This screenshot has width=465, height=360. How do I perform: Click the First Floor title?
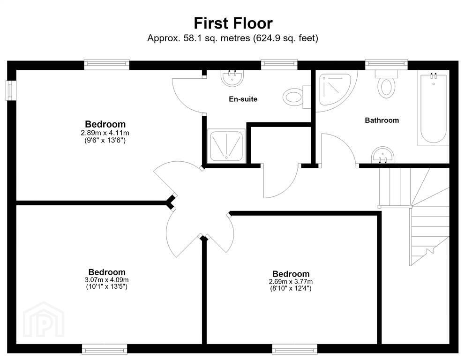pyautogui.click(x=233, y=23)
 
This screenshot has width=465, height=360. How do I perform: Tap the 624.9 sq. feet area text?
pyautogui.click(x=285, y=38)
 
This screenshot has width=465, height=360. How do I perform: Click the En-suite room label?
pyautogui.click(x=243, y=99)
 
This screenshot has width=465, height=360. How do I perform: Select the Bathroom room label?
pyautogui.click(x=382, y=120)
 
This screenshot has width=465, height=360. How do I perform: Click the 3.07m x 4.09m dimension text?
pyautogui.click(x=107, y=280)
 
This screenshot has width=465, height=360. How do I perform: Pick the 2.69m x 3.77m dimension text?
pyautogui.click(x=291, y=281)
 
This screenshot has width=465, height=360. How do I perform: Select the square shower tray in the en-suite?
pyautogui.click(x=226, y=146)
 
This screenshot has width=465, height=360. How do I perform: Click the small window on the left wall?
pyautogui.click(x=11, y=90)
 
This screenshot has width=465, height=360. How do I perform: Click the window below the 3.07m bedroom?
pyautogui.click(x=105, y=349)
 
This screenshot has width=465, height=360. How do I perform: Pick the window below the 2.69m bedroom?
pyautogui.click(x=294, y=349)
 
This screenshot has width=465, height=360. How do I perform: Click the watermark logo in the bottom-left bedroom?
pyautogui.click(x=44, y=320)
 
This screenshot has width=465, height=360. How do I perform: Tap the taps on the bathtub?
pyautogui.click(x=434, y=76)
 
